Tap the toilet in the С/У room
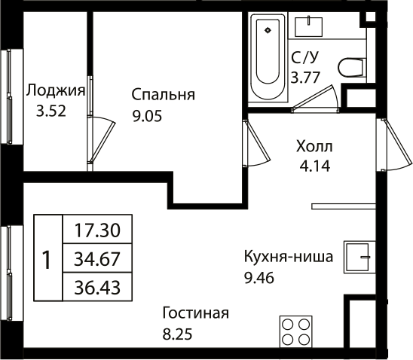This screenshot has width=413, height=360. (350, 68)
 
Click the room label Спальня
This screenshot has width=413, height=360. (163, 95)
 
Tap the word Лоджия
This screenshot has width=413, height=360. (54, 90)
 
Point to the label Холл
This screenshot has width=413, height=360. (314, 145)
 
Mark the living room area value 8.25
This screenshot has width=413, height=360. (179, 333)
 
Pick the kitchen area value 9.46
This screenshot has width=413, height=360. (259, 277)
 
